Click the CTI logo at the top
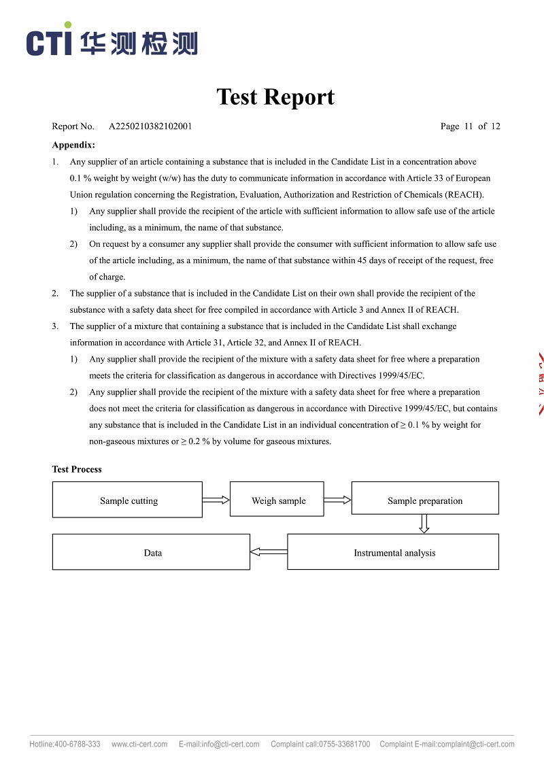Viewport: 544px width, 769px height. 112,41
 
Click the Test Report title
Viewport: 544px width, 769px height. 275,97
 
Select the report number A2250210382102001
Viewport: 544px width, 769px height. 150,126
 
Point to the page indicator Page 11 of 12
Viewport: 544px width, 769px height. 470,126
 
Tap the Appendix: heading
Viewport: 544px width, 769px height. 73,145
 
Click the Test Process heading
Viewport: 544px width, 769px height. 77,469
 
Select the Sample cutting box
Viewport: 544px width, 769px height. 127,500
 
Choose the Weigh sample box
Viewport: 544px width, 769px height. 277,500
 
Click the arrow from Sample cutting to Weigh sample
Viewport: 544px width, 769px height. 216,500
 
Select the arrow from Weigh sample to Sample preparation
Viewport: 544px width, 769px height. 337,500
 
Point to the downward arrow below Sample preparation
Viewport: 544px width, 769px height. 424,524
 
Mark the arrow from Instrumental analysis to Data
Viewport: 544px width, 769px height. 269,551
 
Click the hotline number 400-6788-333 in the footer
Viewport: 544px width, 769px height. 78,745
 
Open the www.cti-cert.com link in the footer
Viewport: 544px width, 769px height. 139,745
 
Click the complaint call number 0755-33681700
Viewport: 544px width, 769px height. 345,745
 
